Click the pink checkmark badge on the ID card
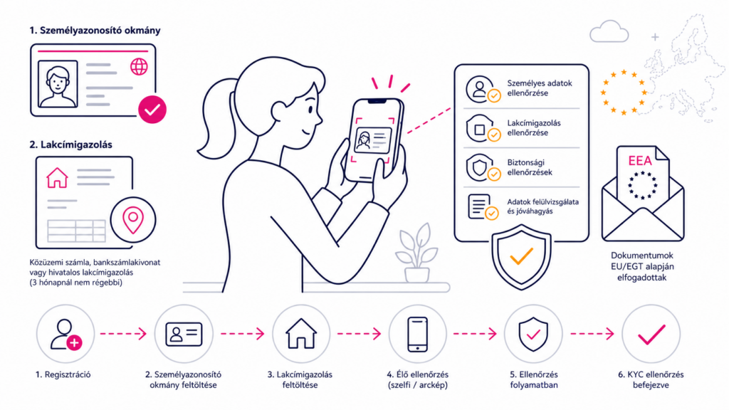152,110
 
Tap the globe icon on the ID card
139,67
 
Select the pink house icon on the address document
57,177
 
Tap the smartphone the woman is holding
374,140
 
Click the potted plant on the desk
416,253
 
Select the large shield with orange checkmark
521,257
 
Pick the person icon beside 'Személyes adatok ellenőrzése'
479,88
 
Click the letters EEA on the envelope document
640,161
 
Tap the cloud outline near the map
609,32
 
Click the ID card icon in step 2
184,334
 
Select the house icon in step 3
301,333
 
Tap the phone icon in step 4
417,334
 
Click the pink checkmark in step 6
651,335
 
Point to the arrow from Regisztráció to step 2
124,333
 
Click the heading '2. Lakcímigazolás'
70,144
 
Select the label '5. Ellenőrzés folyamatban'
534,380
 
